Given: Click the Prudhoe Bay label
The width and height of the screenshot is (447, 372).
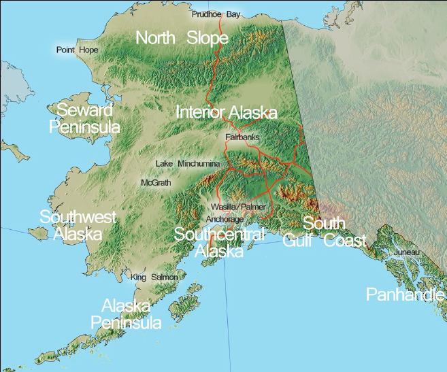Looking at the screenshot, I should click(216, 14).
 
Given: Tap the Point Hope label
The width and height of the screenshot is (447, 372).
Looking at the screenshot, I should click(77, 50).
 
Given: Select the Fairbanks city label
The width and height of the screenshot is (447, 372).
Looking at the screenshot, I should click(242, 137).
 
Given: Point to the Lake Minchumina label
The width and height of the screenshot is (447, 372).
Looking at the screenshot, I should click(187, 164).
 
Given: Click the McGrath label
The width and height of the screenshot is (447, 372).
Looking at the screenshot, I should click(155, 183).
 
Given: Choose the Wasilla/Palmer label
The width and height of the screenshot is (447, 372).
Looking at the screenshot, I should click(237, 206).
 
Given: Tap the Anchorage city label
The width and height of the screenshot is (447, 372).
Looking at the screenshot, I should click(225, 219).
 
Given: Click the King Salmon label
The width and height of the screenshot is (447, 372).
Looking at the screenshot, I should click(154, 277).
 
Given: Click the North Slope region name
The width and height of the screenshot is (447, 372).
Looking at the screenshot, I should click(182, 38).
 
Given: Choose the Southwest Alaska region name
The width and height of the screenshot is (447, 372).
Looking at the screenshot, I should click(78, 226).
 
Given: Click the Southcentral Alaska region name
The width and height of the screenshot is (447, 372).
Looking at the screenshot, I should click(219, 243).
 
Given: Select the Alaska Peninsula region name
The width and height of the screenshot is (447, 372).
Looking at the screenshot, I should click(127, 314).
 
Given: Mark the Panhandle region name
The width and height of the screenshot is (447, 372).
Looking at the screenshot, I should click(405, 294).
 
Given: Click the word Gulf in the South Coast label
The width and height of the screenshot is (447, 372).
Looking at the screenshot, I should click(297, 241).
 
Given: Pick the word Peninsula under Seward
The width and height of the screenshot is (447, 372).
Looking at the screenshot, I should click(84, 127).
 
